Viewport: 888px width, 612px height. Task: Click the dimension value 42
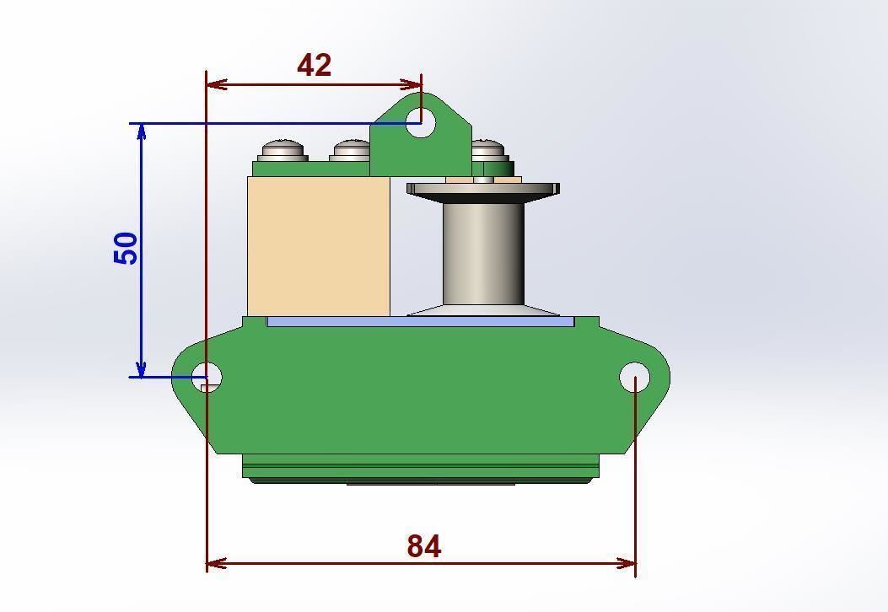click(x=314, y=66)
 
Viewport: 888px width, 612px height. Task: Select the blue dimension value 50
click(x=126, y=249)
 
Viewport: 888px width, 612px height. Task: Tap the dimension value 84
click(x=423, y=546)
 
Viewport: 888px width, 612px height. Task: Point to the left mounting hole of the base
click(x=206, y=377)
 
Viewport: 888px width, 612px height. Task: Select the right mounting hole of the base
click(x=634, y=377)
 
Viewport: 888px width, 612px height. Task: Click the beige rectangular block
click(x=319, y=245)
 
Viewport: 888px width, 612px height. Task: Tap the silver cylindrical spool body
click(x=483, y=252)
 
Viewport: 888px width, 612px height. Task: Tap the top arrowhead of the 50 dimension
click(x=142, y=132)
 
